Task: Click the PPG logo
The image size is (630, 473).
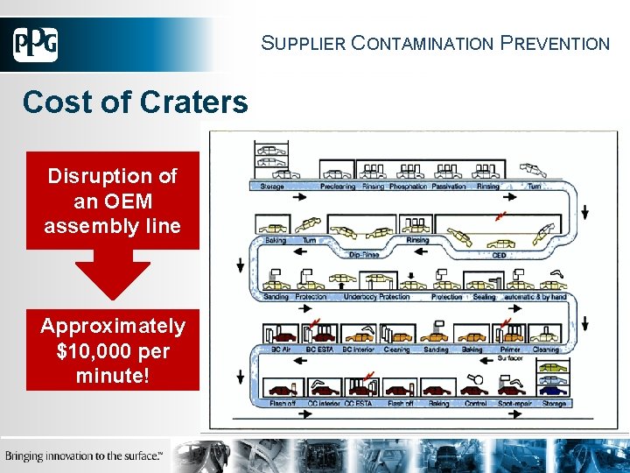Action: click(36, 45)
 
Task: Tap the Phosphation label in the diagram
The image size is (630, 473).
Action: click(408, 187)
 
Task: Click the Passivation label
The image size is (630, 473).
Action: click(449, 187)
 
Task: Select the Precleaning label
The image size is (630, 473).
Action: click(338, 187)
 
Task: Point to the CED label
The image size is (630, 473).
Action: click(500, 256)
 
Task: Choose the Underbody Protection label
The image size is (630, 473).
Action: click(376, 297)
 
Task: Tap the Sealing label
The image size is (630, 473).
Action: click(484, 297)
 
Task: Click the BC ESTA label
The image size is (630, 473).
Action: click(320, 349)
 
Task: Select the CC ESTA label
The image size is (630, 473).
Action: click(359, 404)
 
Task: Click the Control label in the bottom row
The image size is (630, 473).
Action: click(476, 404)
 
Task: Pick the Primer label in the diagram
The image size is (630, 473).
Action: click(509, 349)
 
